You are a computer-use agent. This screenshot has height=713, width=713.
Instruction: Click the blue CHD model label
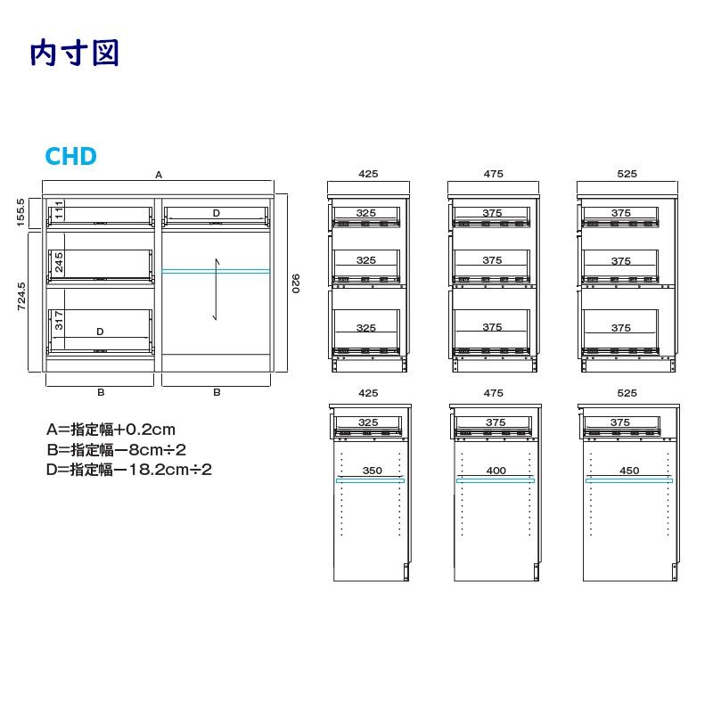(71, 156)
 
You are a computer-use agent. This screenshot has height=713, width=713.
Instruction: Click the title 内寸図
(75, 53)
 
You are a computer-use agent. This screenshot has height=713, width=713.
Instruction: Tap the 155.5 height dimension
(20, 212)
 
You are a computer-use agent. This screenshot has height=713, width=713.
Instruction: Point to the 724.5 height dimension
(20, 297)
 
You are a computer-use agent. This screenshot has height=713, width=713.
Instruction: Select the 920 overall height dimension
(296, 283)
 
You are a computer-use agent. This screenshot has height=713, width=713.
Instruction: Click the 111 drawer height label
(59, 209)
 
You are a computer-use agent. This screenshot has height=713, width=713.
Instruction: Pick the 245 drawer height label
(59, 262)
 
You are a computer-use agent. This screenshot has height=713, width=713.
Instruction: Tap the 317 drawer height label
(59, 321)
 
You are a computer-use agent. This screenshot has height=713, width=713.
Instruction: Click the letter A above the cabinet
(159, 175)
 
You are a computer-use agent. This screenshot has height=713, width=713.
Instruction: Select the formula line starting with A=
(111, 430)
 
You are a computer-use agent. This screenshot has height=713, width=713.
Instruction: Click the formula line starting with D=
(129, 470)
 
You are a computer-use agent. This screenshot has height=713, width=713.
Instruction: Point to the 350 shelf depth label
(373, 471)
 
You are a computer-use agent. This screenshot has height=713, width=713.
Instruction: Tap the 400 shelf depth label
(496, 471)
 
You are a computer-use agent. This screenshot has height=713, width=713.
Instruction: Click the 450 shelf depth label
(629, 471)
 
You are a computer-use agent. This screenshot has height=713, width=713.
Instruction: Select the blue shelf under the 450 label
(629, 480)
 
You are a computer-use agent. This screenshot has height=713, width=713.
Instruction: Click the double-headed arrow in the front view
(217, 290)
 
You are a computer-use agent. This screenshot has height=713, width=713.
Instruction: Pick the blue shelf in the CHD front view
(216, 272)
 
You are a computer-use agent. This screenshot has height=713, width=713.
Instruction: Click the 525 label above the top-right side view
(627, 174)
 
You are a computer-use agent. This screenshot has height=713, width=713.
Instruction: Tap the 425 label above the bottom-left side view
(368, 393)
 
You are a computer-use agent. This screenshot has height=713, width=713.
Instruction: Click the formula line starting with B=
(116, 450)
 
